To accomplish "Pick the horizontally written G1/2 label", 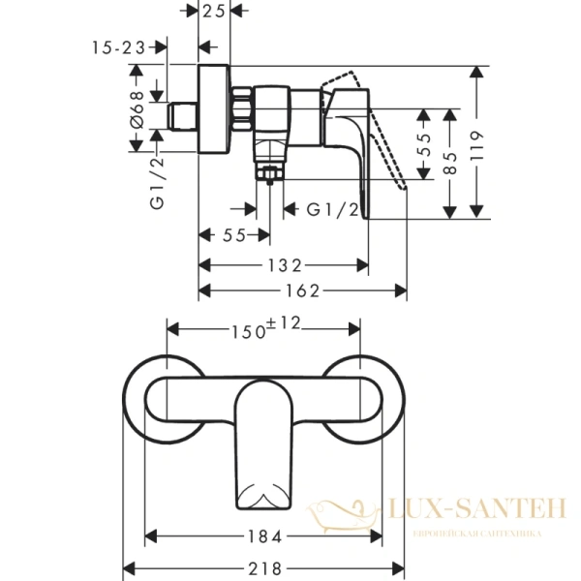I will [x=333, y=209].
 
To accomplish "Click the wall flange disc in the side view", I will [x=214, y=111].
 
